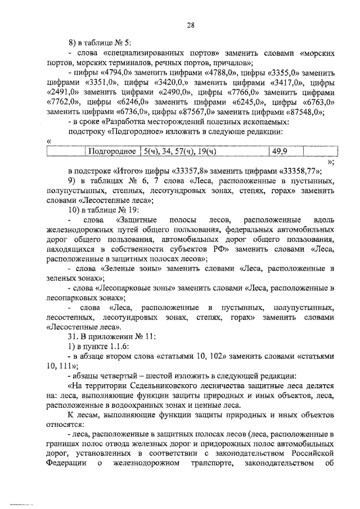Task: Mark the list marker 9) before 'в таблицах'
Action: [x=72, y=181]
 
